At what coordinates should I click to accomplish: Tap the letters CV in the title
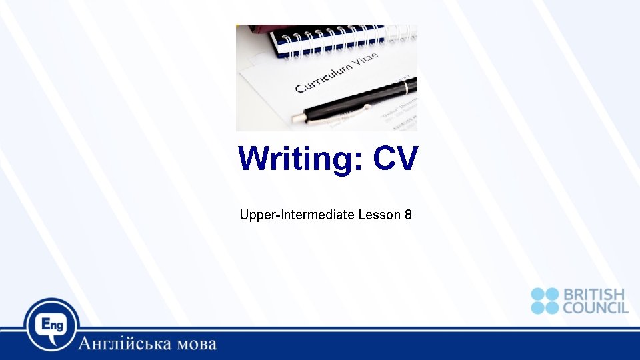tap(395, 159)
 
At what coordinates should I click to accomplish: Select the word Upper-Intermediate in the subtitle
tap(297, 215)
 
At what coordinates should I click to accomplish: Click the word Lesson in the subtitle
tap(379, 215)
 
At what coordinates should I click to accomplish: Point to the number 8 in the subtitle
tap(408, 215)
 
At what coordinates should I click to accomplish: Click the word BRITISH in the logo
tap(594, 295)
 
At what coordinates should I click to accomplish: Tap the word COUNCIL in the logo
tap(595, 307)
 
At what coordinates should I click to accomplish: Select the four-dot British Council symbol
tap(545, 301)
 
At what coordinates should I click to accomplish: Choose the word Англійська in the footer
tap(127, 345)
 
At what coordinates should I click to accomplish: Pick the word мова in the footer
tap(197, 345)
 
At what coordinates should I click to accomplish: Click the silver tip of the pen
tap(296, 119)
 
